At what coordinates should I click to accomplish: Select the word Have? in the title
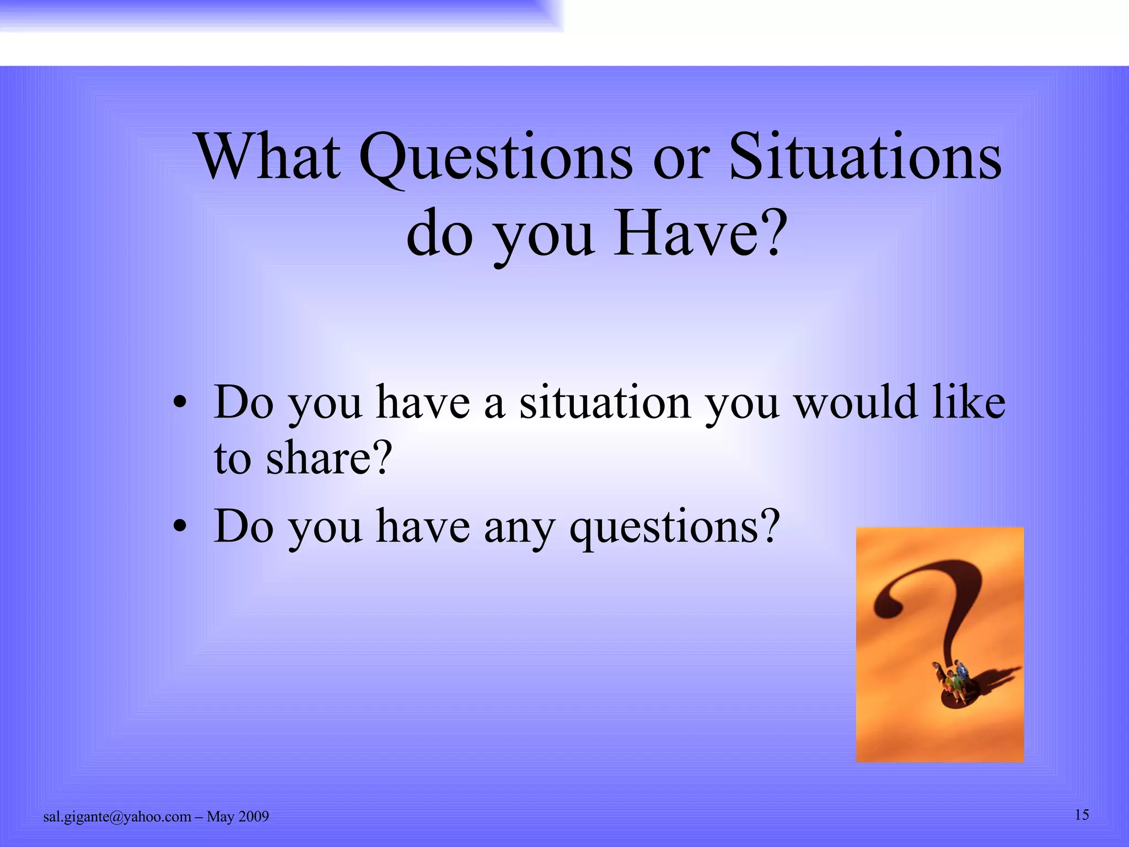698,234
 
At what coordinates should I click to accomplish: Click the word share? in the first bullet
329,458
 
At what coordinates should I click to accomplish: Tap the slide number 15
1082,814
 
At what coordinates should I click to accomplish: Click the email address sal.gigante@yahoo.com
117,817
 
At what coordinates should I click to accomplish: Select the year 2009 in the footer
254,817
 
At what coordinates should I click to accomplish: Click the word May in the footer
220,817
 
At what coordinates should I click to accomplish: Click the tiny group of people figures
953,683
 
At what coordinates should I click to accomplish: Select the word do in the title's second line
439,234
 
